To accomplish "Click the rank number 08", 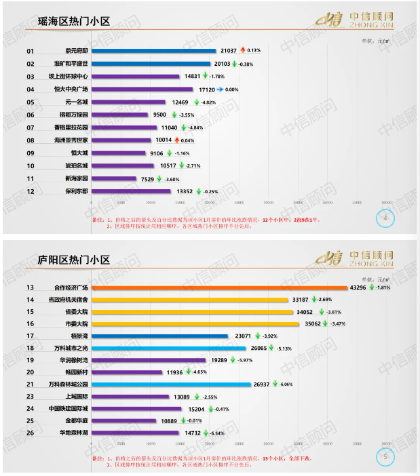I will coord(31,140).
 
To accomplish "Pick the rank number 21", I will coord(31,384).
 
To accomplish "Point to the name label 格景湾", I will coord(80,336).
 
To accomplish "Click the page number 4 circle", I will coord(385,218).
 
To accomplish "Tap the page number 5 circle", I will coord(385,456).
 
